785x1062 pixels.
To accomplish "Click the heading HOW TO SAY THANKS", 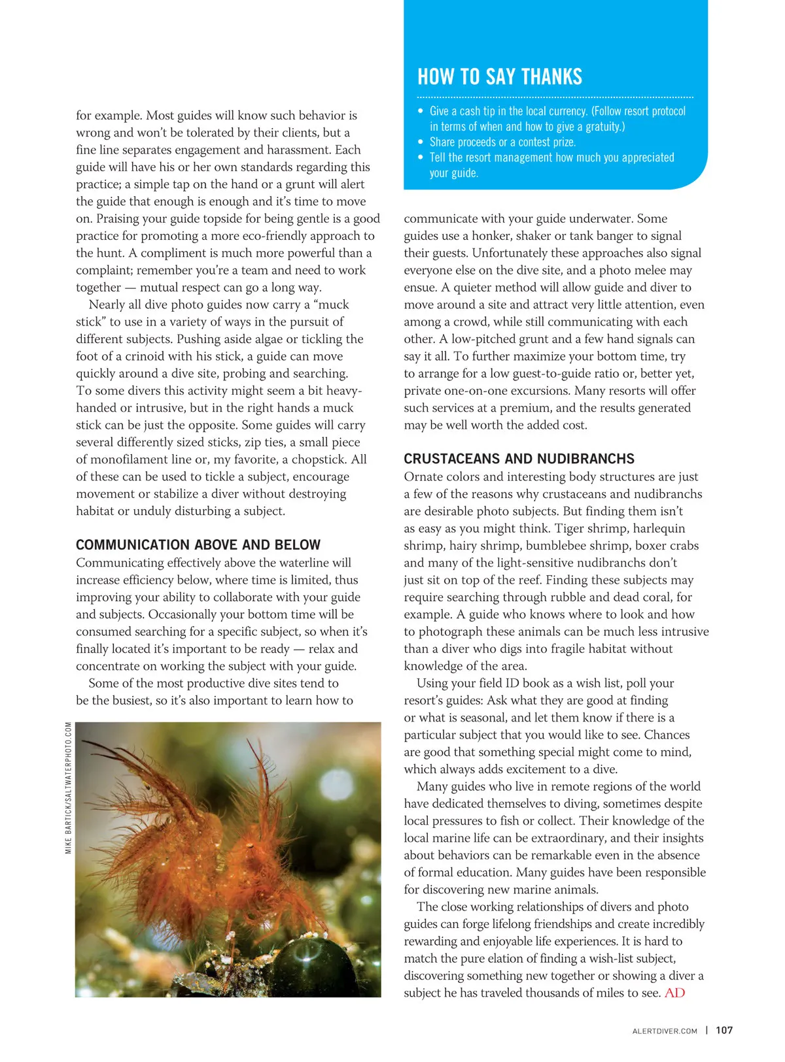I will [x=500, y=77].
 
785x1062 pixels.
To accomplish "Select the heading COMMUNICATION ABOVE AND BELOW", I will [x=198, y=545].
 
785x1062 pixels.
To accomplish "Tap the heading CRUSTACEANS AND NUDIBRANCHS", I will [x=519, y=459].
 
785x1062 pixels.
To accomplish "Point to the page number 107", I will [x=724, y=1031].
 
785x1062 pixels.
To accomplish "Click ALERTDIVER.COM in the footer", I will [x=665, y=1031].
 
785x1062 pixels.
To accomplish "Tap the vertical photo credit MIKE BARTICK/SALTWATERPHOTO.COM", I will [x=69, y=788].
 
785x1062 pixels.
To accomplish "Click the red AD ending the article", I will [x=674, y=993].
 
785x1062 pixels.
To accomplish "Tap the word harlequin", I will [x=658, y=529].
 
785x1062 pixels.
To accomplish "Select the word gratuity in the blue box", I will [x=600, y=127].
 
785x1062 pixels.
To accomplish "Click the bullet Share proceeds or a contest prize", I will [x=502, y=142].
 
